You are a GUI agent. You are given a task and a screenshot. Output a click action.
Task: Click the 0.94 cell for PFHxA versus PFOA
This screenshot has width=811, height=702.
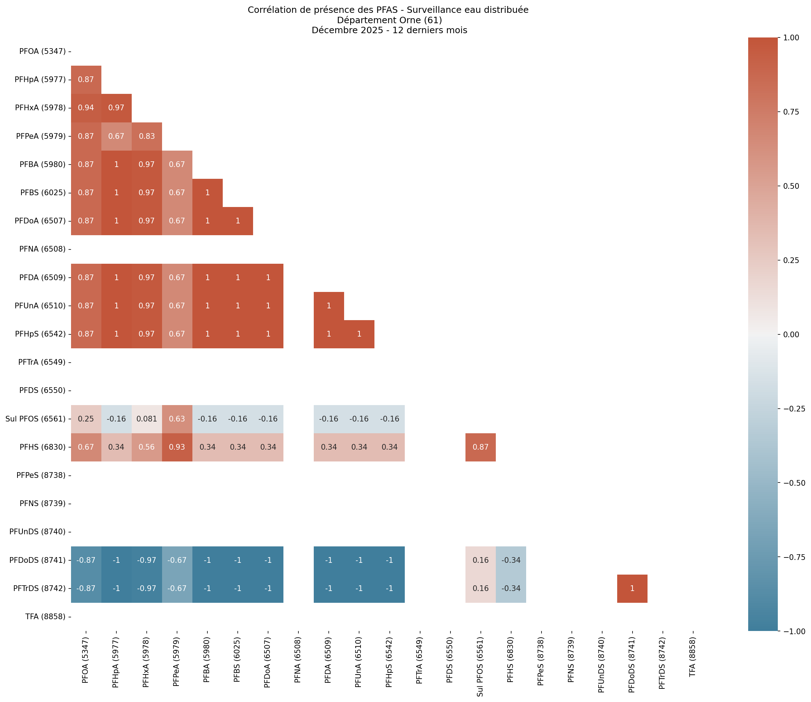[86, 108]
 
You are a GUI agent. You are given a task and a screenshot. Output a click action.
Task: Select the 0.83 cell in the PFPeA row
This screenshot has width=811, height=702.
[146, 136]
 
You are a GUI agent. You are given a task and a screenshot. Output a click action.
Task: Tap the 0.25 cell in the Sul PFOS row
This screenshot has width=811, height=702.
[86, 419]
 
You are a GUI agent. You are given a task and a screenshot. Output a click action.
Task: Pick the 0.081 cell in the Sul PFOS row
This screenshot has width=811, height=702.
[146, 419]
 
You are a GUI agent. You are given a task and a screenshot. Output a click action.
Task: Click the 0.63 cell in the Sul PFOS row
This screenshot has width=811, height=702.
[177, 419]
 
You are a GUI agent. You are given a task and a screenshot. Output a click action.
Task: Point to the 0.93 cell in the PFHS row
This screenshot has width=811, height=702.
[177, 447]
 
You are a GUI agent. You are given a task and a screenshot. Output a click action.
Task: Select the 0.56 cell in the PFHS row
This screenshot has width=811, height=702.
[146, 447]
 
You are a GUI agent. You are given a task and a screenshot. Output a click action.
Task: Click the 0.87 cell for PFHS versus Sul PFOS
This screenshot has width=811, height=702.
[480, 447]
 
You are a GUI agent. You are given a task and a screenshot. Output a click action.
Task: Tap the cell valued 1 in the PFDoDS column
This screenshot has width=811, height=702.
[632, 589]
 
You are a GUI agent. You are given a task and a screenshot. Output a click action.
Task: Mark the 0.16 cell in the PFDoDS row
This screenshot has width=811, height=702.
[480, 560]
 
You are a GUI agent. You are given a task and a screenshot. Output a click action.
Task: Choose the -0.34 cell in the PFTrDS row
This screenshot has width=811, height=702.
[511, 589]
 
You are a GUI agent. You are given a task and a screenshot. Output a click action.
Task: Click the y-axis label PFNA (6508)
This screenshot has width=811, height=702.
[42, 249]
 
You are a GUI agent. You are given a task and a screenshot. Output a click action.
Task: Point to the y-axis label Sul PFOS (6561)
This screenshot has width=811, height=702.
[36, 419]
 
